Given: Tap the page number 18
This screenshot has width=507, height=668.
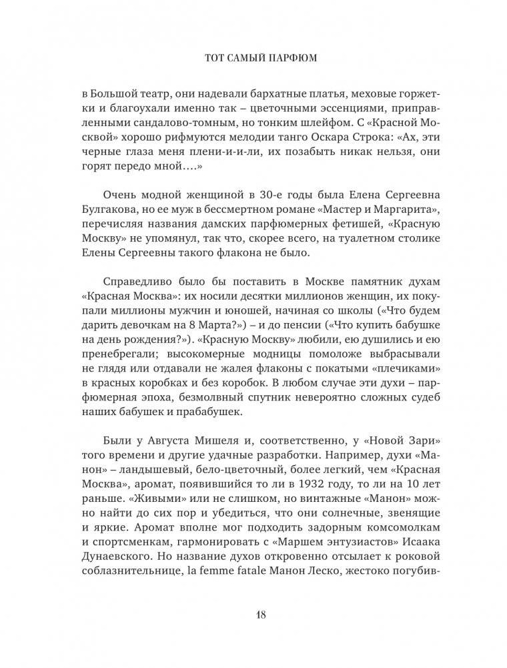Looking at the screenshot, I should [x=254, y=615].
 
